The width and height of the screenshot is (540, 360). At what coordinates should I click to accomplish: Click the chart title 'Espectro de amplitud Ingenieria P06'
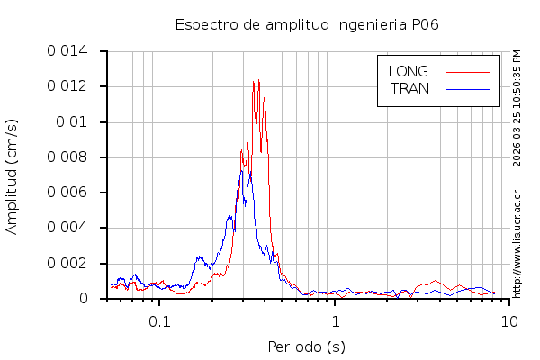[x=307, y=24]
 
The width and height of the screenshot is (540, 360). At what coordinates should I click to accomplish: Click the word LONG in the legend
[x=408, y=71]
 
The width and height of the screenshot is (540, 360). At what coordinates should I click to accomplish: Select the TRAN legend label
[x=409, y=88]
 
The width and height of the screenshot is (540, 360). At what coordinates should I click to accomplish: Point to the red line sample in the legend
[x=468, y=71]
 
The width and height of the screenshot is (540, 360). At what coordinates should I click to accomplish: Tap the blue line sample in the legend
[x=468, y=88]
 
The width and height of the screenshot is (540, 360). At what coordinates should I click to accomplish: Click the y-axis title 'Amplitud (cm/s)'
[x=12, y=175]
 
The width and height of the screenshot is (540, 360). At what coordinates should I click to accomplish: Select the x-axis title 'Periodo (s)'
[x=306, y=346]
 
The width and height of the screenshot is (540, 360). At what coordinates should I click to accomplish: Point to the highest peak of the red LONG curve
[x=255, y=81]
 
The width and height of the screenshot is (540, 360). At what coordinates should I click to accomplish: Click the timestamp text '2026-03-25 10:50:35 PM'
[x=517, y=108]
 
